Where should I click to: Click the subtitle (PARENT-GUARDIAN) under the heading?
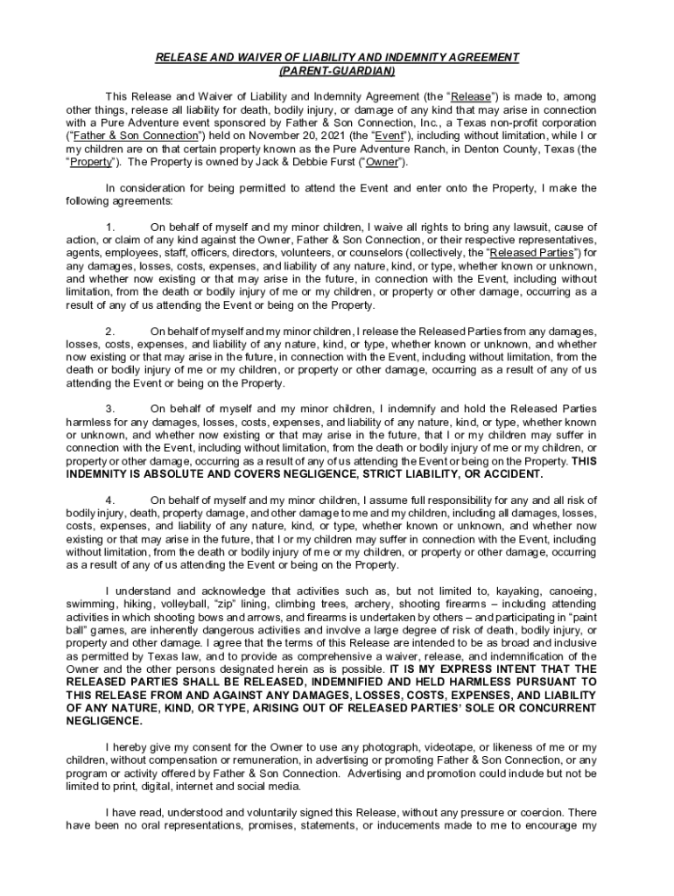pyautogui.click(x=337, y=70)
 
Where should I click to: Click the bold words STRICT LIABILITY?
pyautogui.click(x=400, y=474)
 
